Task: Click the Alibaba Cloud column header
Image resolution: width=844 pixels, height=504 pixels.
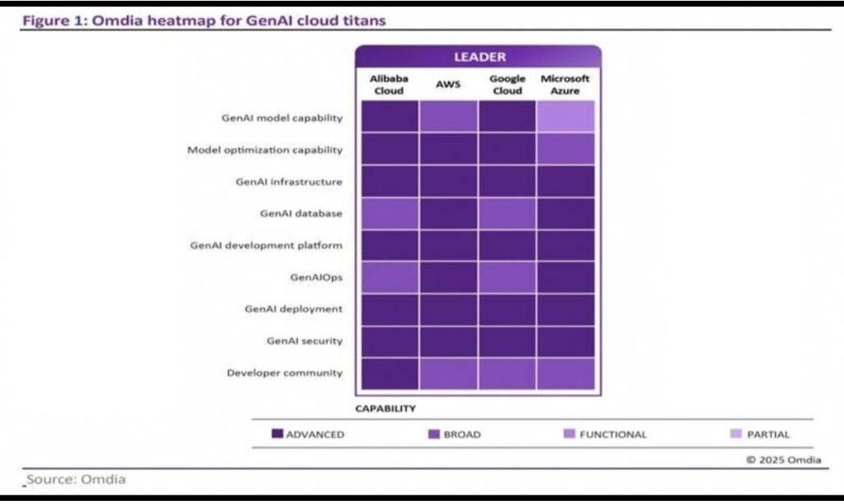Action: coord(388,84)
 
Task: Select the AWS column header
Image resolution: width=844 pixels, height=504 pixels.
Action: coord(448,84)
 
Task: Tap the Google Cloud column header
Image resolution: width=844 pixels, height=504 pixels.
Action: coord(507,84)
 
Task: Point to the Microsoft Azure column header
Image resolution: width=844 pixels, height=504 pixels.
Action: coord(565,84)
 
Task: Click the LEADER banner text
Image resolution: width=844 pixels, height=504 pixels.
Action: coord(480,57)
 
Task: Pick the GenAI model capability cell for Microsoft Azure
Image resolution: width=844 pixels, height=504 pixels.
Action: coord(566,116)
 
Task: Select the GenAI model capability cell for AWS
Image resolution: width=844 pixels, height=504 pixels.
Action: coord(449,116)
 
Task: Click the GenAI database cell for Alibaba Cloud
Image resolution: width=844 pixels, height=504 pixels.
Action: coord(390,213)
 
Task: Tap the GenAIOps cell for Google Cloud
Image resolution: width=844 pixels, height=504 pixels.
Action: coord(507,277)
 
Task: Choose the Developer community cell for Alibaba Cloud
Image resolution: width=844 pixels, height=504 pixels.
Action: coord(390,374)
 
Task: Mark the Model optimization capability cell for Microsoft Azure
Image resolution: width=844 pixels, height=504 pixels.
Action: coord(566,148)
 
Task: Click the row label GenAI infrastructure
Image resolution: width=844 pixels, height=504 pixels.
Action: coord(289,182)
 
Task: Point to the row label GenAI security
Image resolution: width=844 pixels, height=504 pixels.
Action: coord(305,341)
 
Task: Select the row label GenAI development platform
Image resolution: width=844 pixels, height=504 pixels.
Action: coord(266,245)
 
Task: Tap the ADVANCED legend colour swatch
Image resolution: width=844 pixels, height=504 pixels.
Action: coord(277,434)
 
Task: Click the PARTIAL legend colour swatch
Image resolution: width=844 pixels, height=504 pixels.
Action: coord(736,434)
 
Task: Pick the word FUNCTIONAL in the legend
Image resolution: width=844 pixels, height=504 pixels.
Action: coord(613,434)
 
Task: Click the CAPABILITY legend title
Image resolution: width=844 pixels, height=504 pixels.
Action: coord(385,409)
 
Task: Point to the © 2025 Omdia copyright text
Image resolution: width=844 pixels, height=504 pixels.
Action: coord(784,459)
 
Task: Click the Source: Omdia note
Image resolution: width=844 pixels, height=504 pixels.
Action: coord(76,479)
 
